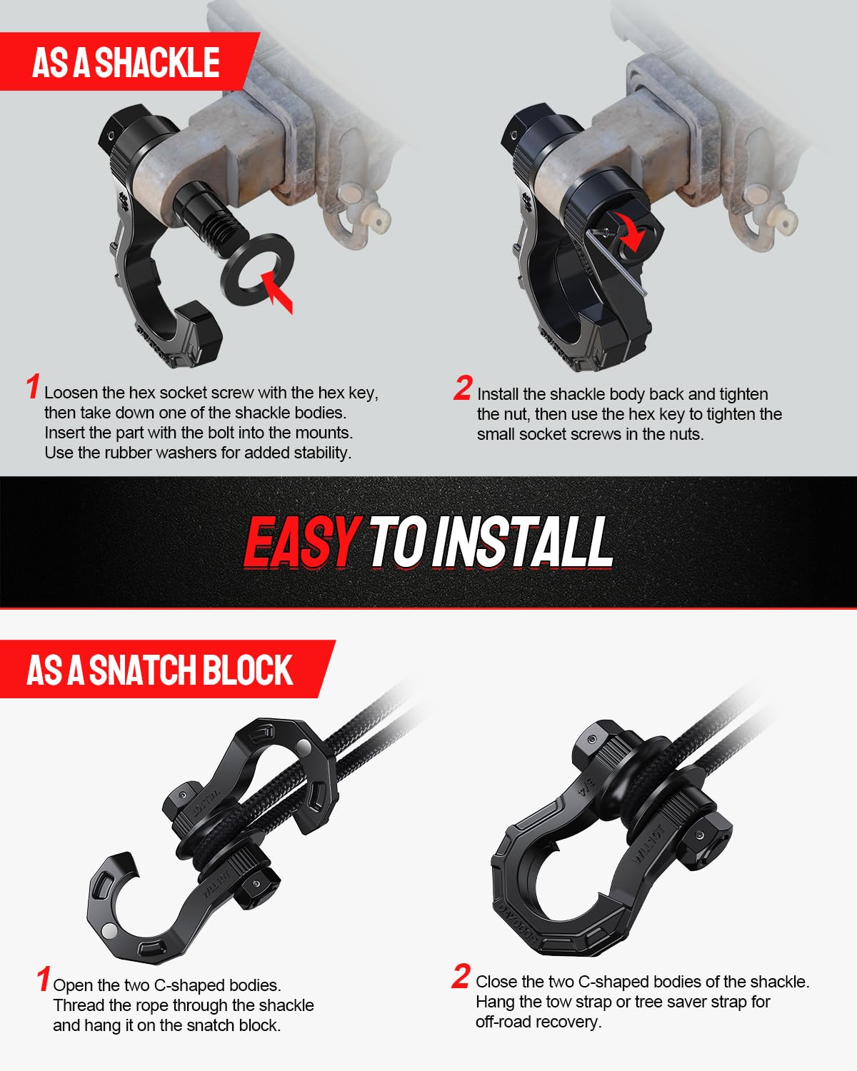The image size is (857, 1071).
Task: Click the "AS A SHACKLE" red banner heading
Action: click(x=126, y=62)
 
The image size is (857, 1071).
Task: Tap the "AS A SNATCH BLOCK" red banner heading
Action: click(x=159, y=670)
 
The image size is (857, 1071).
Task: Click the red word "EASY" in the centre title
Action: click(x=301, y=543)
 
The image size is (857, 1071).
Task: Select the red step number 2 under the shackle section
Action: click(x=463, y=388)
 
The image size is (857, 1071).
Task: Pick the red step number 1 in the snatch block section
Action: click(x=44, y=979)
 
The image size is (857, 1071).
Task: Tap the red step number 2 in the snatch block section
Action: click(x=461, y=977)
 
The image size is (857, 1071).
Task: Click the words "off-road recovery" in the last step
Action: click(x=537, y=1022)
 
